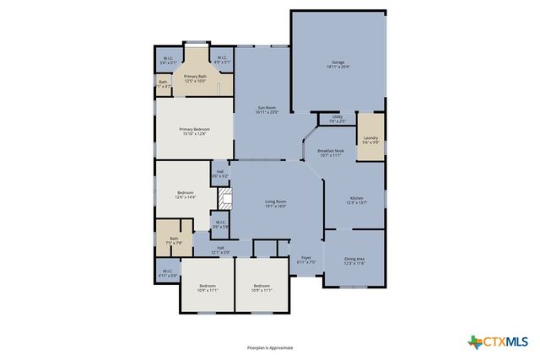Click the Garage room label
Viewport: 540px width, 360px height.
[337, 64]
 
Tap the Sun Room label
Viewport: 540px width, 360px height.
[267, 110]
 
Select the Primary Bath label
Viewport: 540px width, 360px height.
[195, 78]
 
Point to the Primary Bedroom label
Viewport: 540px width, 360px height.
[193, 131]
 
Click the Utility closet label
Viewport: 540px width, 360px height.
[337, 119]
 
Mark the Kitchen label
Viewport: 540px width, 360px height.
[356, 200]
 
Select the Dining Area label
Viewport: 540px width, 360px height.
[354, 261]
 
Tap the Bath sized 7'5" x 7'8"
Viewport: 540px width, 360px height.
[174, 240]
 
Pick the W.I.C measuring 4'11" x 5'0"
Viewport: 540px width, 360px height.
[168, 273]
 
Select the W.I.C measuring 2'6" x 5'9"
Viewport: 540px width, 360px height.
[220, 225]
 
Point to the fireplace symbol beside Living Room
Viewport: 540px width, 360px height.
[224, 199]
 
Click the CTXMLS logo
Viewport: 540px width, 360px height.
[498, 341]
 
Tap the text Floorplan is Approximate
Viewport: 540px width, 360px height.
[270, 347]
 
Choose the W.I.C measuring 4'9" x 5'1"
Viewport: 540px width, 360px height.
[222, 60]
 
